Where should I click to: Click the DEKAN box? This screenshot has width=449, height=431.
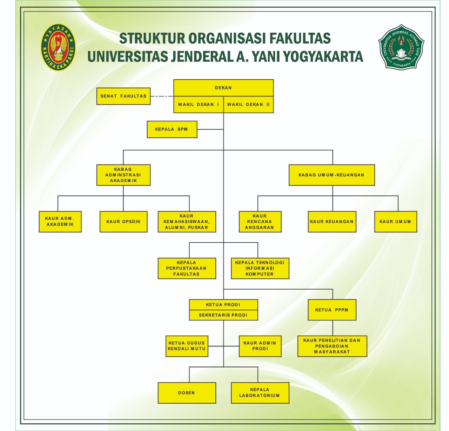tap(223, 88)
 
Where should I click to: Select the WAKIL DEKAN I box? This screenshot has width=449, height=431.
tap(199, 105)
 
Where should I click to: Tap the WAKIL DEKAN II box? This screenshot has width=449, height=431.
tap(248, 105)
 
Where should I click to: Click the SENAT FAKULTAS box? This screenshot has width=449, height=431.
tap(123, 96)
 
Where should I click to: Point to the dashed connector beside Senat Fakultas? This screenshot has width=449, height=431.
tap(162, 96)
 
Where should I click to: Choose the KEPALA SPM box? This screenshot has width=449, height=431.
tap(172, 129)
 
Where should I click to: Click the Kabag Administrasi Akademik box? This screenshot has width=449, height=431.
tap(123, 175)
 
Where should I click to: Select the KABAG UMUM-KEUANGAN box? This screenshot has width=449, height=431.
tap(331, 175)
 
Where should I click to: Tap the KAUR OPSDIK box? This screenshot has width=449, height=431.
tap(123, 222)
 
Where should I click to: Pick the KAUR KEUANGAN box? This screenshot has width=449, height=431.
tap(332, 222)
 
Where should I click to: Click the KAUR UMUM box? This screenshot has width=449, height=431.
tap(395, 222)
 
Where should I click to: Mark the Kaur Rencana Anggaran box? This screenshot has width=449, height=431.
tap(260, 222)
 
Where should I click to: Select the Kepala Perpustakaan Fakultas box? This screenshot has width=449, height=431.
tap(187, 268)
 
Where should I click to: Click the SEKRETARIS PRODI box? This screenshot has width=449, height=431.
tap(223, 315)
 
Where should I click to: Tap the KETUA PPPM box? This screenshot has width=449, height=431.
tap(332, 310)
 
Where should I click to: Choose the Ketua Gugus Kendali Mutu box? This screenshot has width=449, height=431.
tap(187, 346)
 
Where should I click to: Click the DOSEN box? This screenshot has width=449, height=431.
tap(187, 393)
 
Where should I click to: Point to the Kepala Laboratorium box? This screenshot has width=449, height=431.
tap(260, 393)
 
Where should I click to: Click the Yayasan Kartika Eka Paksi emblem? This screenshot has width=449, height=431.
tap(58, 47)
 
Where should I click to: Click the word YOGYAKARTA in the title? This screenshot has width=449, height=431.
tap(323, 56)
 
